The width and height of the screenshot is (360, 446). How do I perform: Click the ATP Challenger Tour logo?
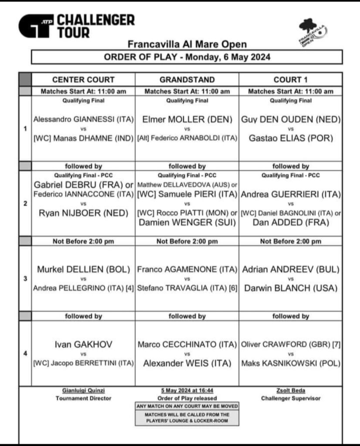point(76,26)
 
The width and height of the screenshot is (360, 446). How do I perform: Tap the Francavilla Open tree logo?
point(312,33)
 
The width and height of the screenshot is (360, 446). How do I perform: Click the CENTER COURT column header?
point(83,80)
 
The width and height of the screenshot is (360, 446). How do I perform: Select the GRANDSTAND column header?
point(187,80)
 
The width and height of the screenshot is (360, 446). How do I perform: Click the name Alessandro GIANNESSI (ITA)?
point(83,119)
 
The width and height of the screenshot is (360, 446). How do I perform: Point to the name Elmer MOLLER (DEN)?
point(187,119)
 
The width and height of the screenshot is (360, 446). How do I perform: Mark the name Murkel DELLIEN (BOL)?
point(83,269)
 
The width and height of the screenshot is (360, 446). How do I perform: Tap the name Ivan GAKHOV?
point(83,345)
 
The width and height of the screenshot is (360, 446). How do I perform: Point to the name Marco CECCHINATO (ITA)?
point(187,345)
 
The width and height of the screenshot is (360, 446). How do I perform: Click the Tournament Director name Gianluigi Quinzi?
point(83,391)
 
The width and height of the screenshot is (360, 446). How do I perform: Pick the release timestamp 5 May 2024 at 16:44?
point(187,391)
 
